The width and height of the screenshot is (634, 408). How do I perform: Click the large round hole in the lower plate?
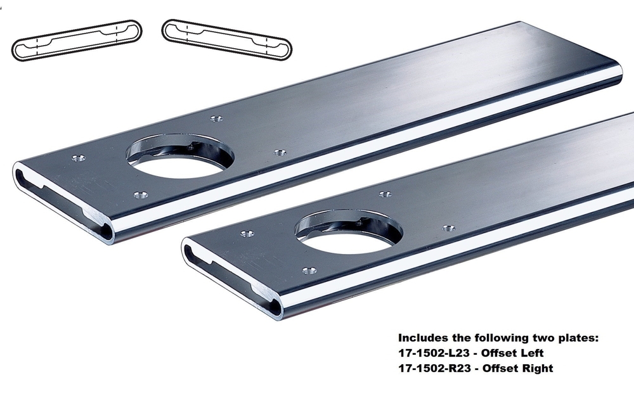pyautogui.click(x=348, y=235)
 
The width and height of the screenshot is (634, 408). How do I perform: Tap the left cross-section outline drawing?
pyautogui.click(x=76, y=41)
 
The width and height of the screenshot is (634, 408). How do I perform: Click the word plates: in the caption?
pyautogui.click(x=576, y=339)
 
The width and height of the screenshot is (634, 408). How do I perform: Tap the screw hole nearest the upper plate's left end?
pyautogui.click(x=79, y=158)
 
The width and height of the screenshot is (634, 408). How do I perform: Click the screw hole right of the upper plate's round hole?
pyautogui.click(x=280, y=153)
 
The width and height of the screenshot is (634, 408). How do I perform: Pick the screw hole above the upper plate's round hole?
pyautogui.click(x=216, y=118)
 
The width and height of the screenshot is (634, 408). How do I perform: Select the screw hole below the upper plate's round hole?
pyautogui.click(x=141, y=195)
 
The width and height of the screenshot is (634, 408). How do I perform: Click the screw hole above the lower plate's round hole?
pyautogui.click(x=384, y=194)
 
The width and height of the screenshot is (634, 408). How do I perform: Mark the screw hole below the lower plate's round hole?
pyautogui.click(x=309, y=271)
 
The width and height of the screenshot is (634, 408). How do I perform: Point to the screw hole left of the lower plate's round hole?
pyautogui.click(x=247, y=234)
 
